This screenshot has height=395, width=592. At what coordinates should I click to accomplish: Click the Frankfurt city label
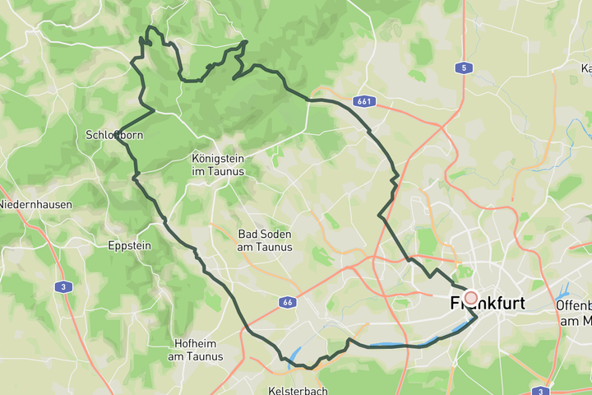(488, 304)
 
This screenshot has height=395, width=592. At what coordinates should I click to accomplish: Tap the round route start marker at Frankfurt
(471, 298)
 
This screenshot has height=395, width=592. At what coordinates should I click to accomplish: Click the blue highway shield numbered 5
(465, 68)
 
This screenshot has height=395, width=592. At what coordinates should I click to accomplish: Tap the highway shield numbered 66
(285, 302)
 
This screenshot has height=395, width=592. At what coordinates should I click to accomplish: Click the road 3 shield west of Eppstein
(64, 286)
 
